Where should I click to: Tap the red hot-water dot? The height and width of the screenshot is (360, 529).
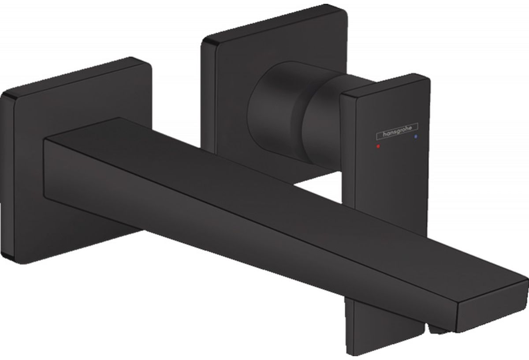[x=377, y=144]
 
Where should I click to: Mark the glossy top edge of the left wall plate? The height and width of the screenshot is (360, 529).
[x=66, y=75]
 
